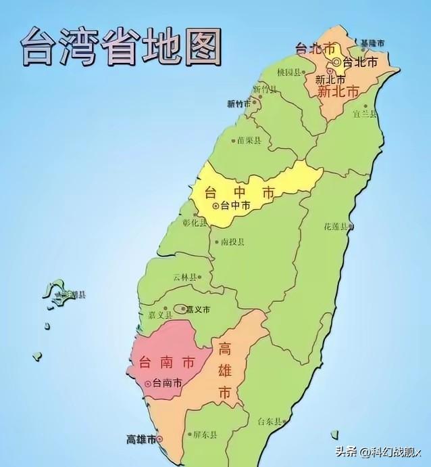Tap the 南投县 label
pos(232,241)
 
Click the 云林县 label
pos(185,277)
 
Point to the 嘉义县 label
pos(161,314)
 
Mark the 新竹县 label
pos(265,89)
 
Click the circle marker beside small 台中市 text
pos(215,205)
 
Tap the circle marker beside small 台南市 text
pos(148,383)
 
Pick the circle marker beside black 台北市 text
pos(336,63)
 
